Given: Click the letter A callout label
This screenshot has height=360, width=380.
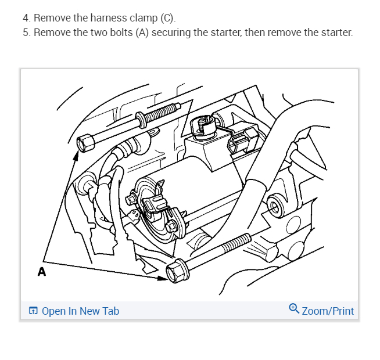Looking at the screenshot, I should (41, 271).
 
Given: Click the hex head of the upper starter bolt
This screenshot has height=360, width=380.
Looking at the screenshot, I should (85, 142).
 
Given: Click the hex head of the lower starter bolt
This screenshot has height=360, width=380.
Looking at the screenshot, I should (175, 270).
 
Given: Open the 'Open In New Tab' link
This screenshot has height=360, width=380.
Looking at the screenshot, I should (80, 311).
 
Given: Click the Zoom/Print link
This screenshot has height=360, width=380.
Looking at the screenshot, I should (328, 311).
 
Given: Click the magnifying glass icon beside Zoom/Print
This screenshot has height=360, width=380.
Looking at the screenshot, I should (294, 309).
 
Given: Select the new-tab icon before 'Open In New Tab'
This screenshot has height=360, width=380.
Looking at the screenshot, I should (34, 311).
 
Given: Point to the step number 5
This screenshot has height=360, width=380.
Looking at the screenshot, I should (27, 31).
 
